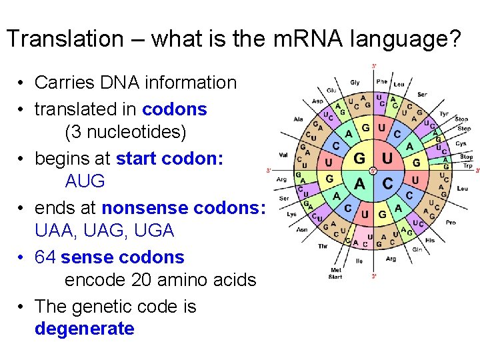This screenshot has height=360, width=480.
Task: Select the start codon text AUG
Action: click(85, 181)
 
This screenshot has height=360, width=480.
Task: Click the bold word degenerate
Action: click(84, 329)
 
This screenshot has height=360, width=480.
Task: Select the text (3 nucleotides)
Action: click(125, 132)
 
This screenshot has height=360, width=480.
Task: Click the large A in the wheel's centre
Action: click(360, 183)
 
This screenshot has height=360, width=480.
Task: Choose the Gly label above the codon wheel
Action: click(355, 83)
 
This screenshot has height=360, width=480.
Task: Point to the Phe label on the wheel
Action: click(381, 82)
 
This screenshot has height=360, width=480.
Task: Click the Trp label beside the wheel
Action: click(466, 165)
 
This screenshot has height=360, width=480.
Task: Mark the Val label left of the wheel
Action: click(283, 156)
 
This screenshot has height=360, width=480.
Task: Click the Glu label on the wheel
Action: click(331, 91)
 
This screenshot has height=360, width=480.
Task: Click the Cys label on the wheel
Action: click(461, 143)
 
